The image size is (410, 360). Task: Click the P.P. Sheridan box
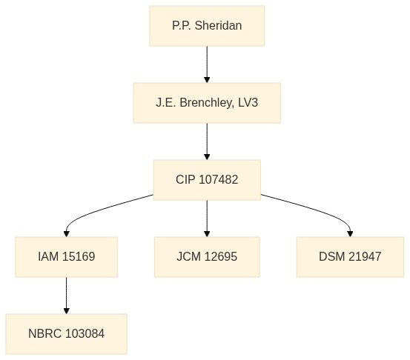pyautogui.click(x=207, y=26)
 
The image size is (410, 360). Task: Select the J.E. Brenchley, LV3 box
pyautogui.click(x=207, y=103)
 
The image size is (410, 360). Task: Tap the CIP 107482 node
pyautogui.click(x=207, y=180)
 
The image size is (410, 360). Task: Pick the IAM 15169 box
pyautogui.click(x=67, y=256)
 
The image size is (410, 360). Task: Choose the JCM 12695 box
pyautogui.click(x=207, y=256)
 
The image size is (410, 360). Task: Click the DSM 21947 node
pyautogui.click(x=350, y=256)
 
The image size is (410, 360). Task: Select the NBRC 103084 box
pyautogui.click(x=67, y=333)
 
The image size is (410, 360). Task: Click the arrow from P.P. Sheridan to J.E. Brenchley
pyautogui.click(x=207, y=64)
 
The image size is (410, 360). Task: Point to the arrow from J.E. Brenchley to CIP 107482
pyautogui.click(x=207, y=141)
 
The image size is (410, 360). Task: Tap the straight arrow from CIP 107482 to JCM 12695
pyautogui.click(x=207, y=219)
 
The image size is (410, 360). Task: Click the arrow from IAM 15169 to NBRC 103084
pyautogui.click(x=67, y=296)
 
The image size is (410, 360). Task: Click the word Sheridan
pyautogui.click(x=218, y=26)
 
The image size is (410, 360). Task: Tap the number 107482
pyautogui.click(x=218, y=179)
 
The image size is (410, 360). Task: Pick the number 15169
pyautogui.click(x=79, y=256)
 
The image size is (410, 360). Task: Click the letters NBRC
pyautogui.click(x=45, y=333)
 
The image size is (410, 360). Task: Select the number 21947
pyautogui.click(x=365, y=256)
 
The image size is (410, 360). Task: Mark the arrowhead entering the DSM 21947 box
pyautogui.click(x=350, y=234)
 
